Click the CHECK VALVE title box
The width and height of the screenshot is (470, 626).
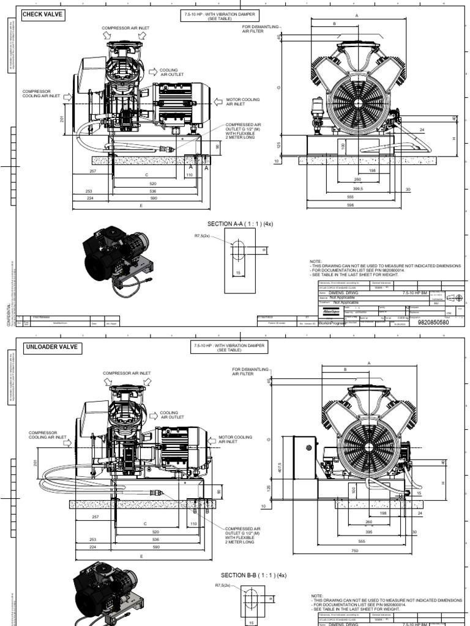point(43,15)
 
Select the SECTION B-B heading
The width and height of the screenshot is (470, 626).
point(253,576)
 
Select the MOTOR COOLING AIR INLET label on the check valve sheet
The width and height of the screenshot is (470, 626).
point(243,101)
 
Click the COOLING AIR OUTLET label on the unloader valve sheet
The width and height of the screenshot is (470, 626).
point(169,415)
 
